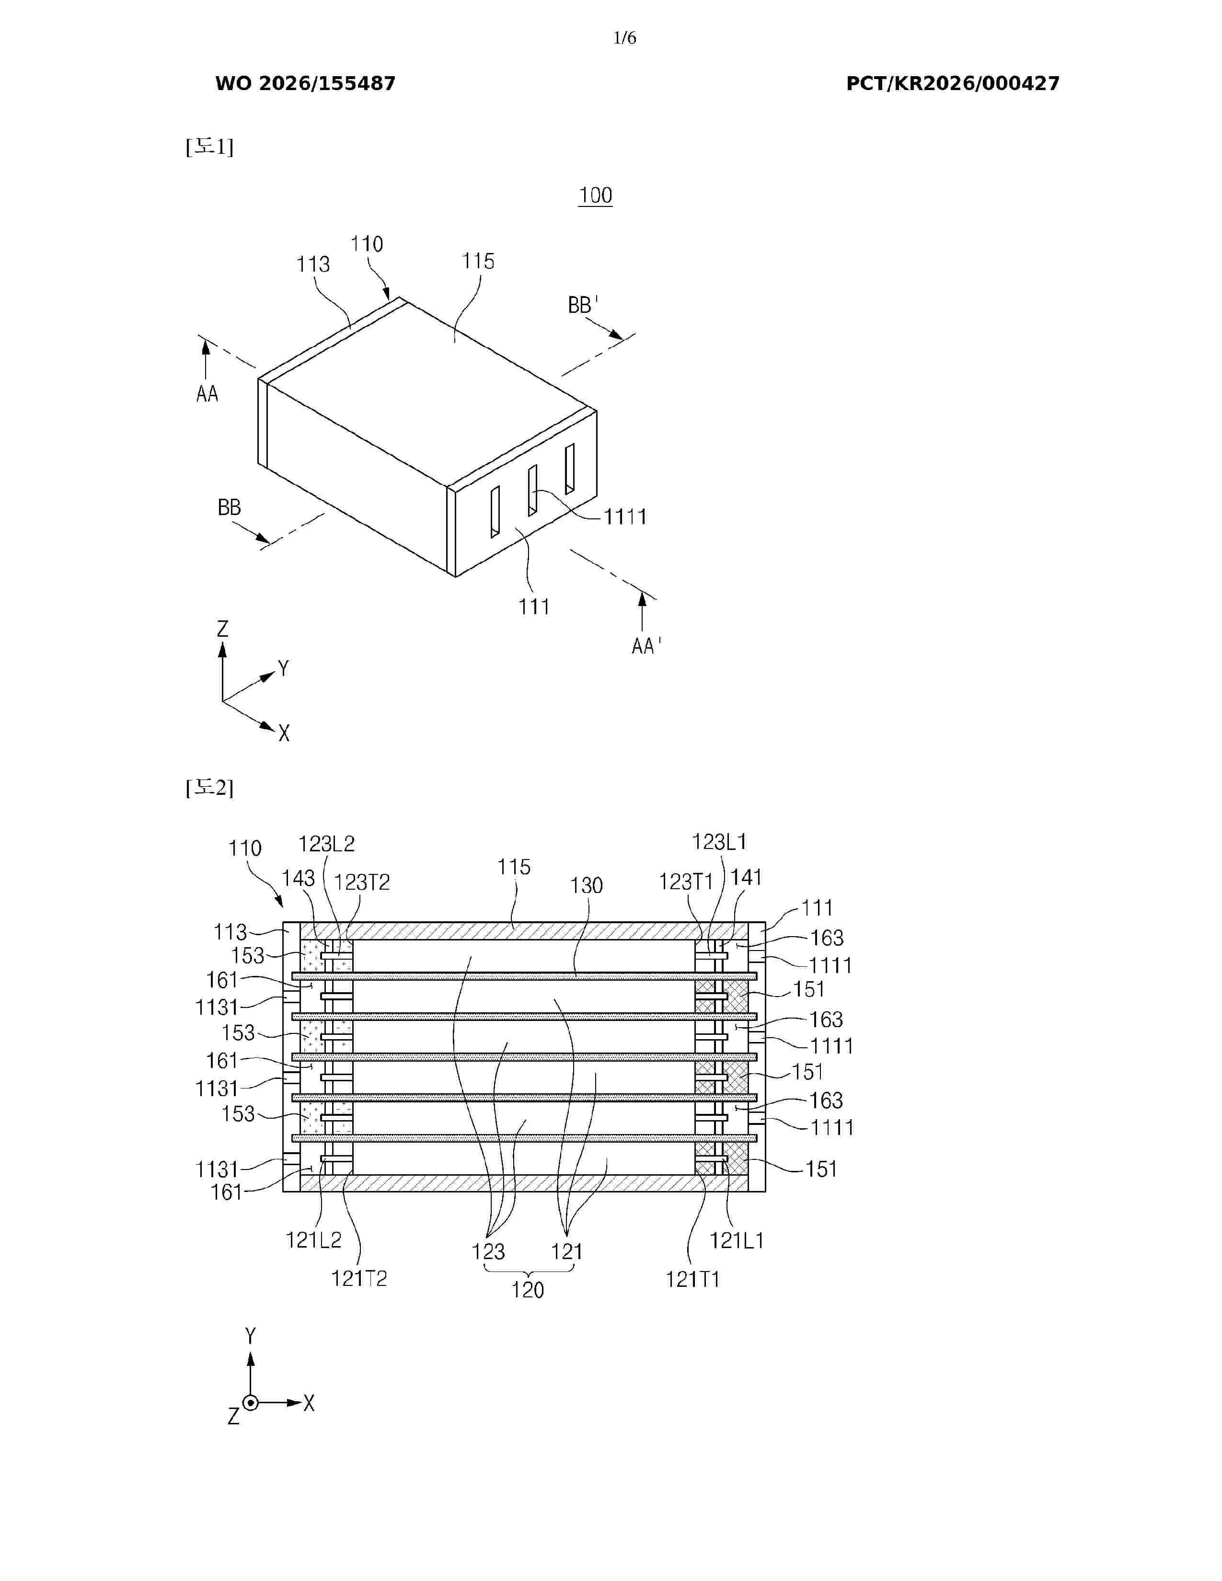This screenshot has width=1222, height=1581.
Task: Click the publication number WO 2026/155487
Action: coord(306,84)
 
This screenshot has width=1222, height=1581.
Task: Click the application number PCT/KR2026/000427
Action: coord(953,84)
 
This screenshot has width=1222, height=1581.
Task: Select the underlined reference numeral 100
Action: coord(595,195)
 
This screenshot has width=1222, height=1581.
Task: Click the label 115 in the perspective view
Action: coord(478,261)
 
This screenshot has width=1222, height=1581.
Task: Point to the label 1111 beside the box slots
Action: coord(625,517)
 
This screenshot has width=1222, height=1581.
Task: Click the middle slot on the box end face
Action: coord(532,490)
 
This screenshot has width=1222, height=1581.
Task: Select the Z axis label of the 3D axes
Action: coord(222,629)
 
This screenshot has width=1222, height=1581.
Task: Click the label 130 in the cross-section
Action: coord(586,885)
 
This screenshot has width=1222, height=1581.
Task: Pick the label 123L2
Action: coord(326,844)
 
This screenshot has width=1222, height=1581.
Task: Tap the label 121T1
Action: coord(693,1280)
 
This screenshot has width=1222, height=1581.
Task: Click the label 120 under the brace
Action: coord(527,1290)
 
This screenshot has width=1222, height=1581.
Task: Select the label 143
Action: coord(298,878)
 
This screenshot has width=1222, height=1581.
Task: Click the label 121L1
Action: coord(736,1241)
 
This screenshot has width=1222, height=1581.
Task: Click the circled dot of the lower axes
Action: coord(251,1403)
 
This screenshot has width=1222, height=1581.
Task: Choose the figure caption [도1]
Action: coord(209,147)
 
